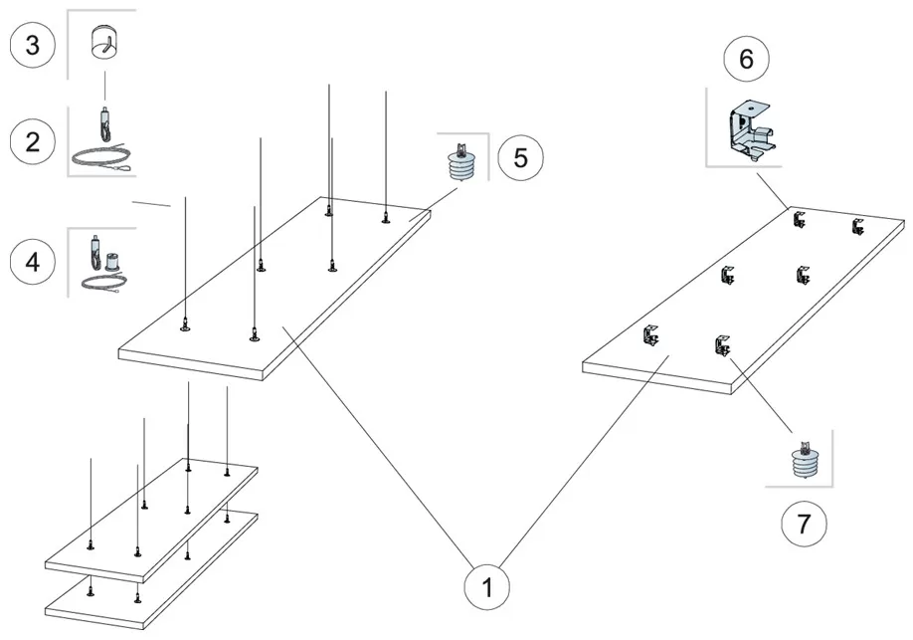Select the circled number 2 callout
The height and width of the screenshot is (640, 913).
tap(33, 141)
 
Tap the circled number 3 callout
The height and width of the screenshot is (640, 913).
tap(33, 48)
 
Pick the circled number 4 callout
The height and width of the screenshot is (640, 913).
tap(33, 262)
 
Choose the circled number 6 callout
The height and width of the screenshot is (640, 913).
tap(746, 60)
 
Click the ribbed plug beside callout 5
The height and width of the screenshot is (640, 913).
tap(461, 163)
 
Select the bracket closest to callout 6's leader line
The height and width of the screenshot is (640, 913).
tap(799, 221)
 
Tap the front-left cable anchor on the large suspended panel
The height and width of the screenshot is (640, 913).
tap(185, 324)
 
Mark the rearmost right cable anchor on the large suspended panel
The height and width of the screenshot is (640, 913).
tap(386, 218)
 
